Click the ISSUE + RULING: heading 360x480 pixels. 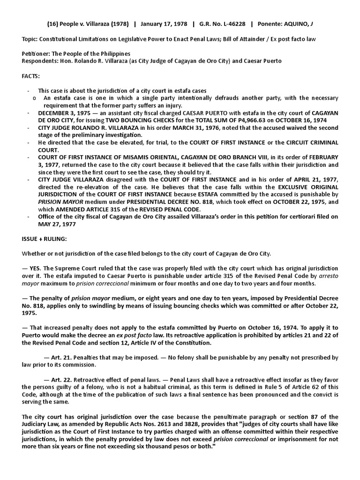(45, 239)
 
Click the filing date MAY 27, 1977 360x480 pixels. (55, 224)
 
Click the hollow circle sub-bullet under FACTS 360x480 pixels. (35, 98)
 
